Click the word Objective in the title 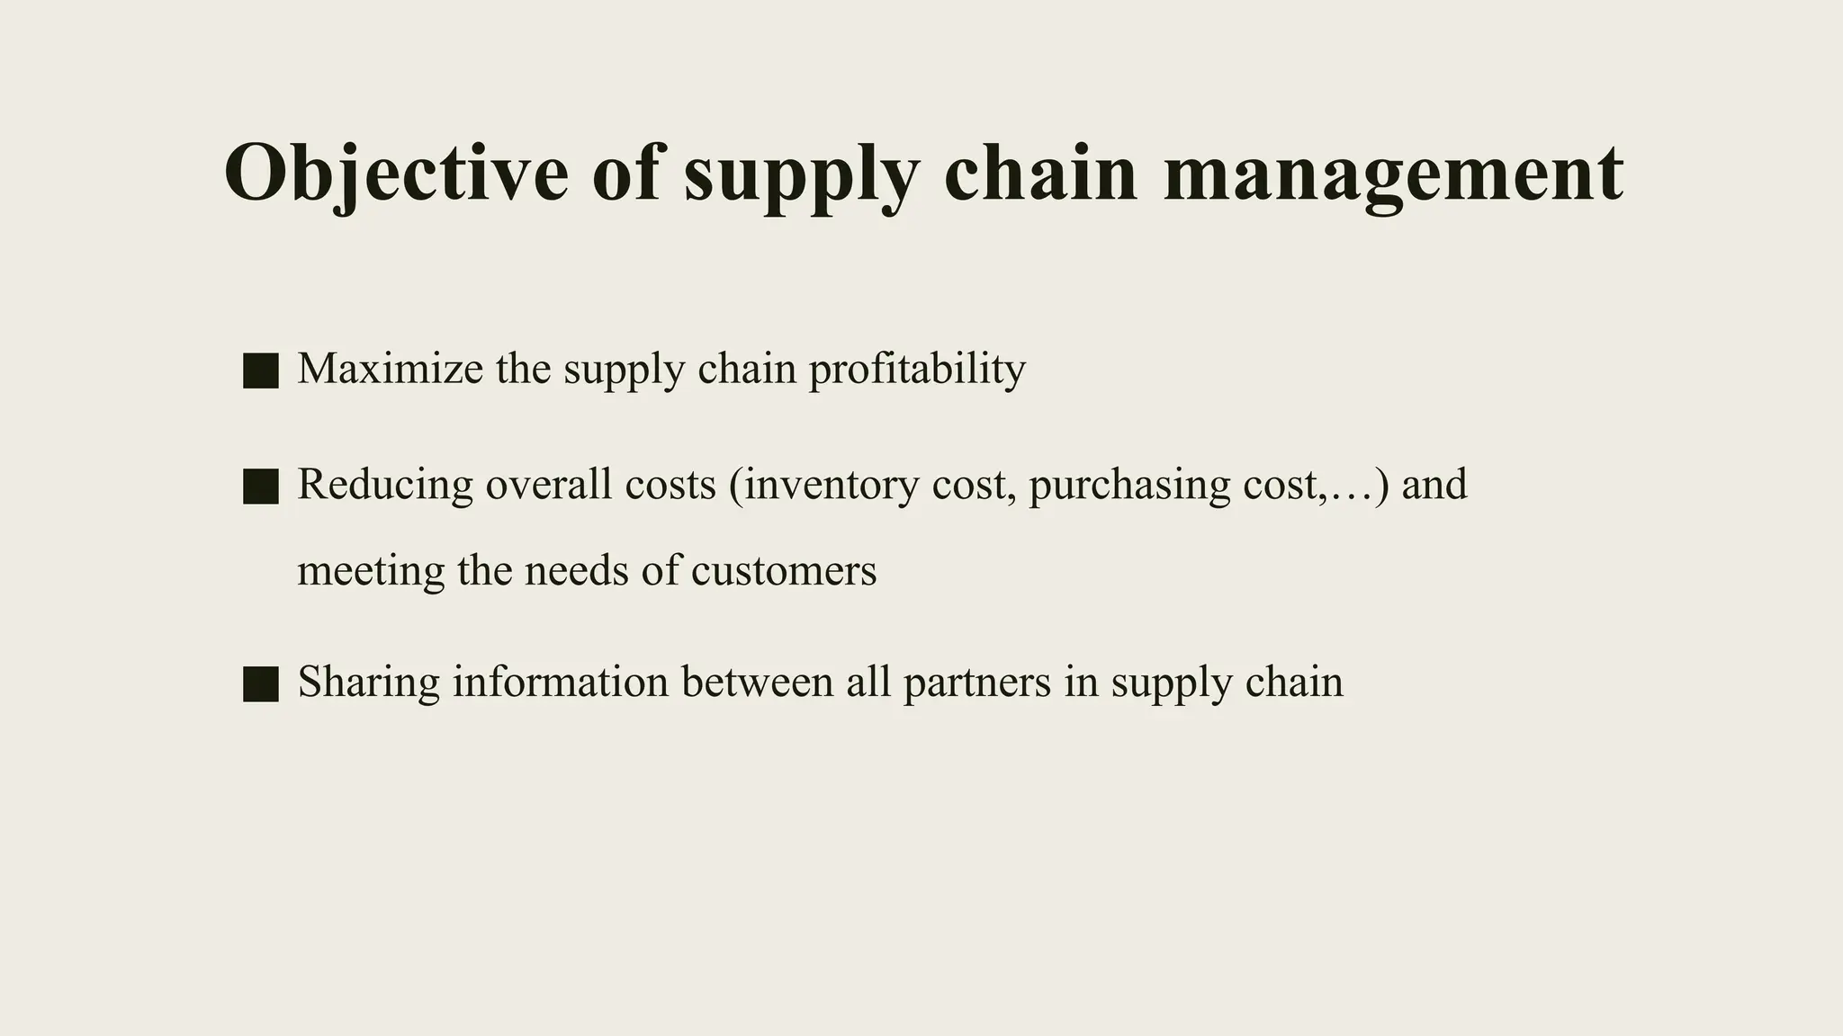[x=396, y=173]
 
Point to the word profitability [x=917, y=369]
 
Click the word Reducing [x=385, y=485]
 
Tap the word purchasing [x=1128, y=485]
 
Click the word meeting [x=371, y=571]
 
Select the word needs [x=576, y=571]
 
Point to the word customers [x=784, y=571]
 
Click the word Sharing [x=369, y=682]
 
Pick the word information [x=560, y=682]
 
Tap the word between [x=757, y=682]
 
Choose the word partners [x=976, y=682]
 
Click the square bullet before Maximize [x=261, y=371]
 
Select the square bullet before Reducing [x=261, y=487]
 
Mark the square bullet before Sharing [x=261, y=683]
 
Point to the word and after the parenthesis [x=1434, y=485]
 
